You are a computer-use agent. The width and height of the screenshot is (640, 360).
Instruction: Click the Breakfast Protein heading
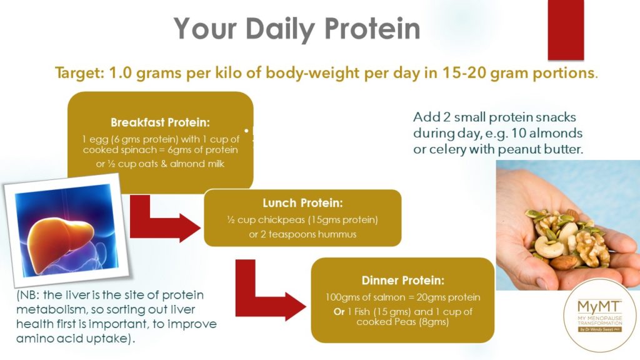160,122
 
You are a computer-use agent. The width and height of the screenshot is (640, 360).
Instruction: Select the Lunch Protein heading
302,204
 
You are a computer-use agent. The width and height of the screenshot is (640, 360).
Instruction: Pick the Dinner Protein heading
402,281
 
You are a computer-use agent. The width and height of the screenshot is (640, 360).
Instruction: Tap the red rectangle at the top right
565,28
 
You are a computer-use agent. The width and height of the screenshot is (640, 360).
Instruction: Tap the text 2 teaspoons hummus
302,234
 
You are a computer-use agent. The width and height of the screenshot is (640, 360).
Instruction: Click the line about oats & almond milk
160,164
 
